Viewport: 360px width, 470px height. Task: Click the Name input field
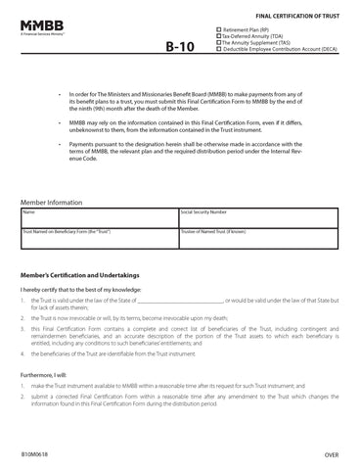click(x=99, y=217)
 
